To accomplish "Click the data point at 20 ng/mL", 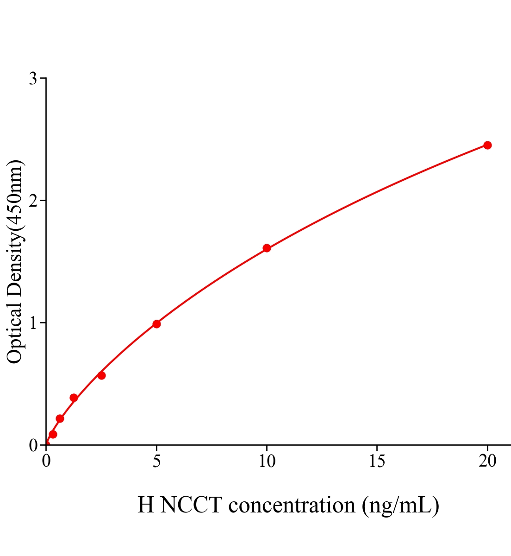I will click(x=487, y=145).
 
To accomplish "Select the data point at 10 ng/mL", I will click(x=267, y=248).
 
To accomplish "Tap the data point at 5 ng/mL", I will click(x=156, y=324).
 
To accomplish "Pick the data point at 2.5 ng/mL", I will click(x=101, y=375).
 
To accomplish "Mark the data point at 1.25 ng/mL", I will click(x=74, y=398).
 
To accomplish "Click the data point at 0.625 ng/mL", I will click(x=60, y=418).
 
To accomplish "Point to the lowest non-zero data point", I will click(x=53, y=434).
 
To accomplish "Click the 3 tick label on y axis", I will click(x=33, y=79).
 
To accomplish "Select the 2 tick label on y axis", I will click(x=33, y=201).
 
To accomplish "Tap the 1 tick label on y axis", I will click(x=33, y=323).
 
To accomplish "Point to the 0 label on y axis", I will click(x=33, y=445).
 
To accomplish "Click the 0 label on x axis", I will click(x=46, y=461).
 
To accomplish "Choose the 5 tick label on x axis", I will click(x=156, y=461).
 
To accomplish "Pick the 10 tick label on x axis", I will click(x=267, y=461).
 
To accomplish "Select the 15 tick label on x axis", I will click(x=377, y=461).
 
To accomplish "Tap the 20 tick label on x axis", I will click(x=487, y=461).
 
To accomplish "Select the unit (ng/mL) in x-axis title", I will click(x=400, y=505).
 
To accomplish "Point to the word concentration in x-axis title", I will click(x=292, y=505).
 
